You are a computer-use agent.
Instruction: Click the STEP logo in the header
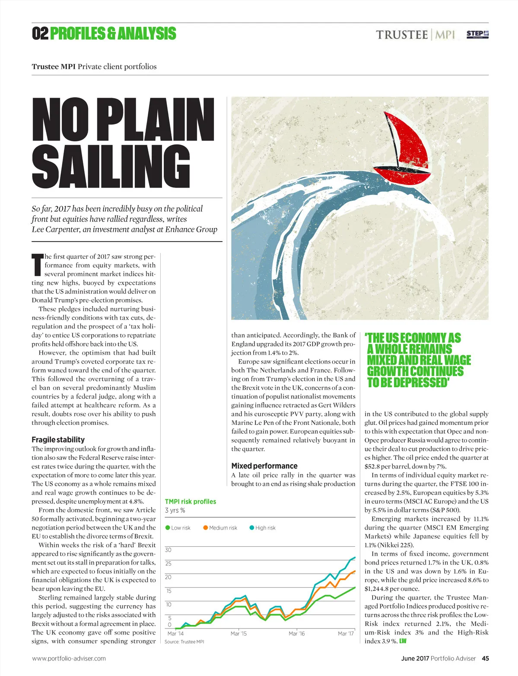477,34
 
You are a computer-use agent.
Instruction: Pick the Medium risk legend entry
220,528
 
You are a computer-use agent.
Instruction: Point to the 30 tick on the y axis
168,550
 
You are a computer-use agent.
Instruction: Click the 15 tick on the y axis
168,590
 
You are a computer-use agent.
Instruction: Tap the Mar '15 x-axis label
238,634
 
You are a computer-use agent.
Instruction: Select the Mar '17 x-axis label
346,634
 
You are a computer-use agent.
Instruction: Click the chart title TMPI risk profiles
191,501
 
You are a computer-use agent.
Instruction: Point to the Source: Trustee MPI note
184,642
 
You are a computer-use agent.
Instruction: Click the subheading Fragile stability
58,440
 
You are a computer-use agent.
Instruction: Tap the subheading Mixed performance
264,466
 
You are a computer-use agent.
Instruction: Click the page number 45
485,658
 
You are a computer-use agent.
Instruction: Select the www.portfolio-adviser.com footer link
69,658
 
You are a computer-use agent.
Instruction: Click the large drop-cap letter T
38,265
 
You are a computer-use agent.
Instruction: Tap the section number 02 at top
40,33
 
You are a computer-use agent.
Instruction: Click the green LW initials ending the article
403,641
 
